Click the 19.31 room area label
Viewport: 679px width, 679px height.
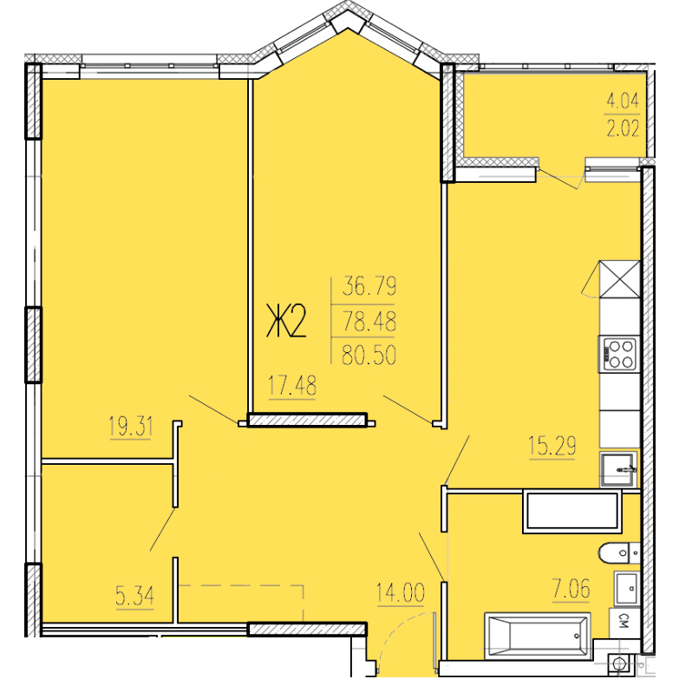click(x=131, y=427)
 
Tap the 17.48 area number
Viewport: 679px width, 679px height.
click(x=292, y=385)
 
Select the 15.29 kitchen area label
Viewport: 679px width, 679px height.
click(x=552, y=446)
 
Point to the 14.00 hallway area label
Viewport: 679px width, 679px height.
click(x=401, y=592)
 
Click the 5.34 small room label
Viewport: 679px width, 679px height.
click(x=134, y=596)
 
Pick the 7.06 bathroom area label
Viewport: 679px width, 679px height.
click(x=571, y=590)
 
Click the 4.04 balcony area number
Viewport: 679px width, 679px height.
click(x=623, y=101)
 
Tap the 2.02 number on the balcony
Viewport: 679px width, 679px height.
click(x=623, y=128)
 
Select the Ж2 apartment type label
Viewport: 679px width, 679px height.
click(x=286, y=321)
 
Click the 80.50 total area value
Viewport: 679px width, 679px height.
click(x=369, y=356)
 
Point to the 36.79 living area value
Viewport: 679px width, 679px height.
click(x=369, y=286)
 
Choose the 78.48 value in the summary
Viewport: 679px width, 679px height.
click(x=369, y=322)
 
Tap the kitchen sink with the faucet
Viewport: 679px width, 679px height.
click(x=619, y=469)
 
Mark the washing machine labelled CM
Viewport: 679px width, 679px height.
click(x=624, y=624)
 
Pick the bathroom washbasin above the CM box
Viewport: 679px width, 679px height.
click(x=627, y=589)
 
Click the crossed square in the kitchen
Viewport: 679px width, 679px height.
click(x=620, y=279)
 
